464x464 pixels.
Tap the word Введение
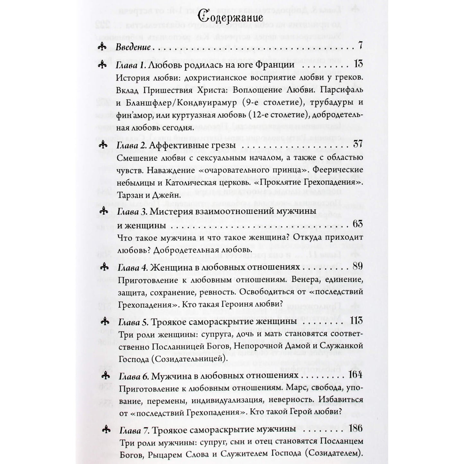click(133, 48)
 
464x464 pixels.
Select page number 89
click(357, 266)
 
